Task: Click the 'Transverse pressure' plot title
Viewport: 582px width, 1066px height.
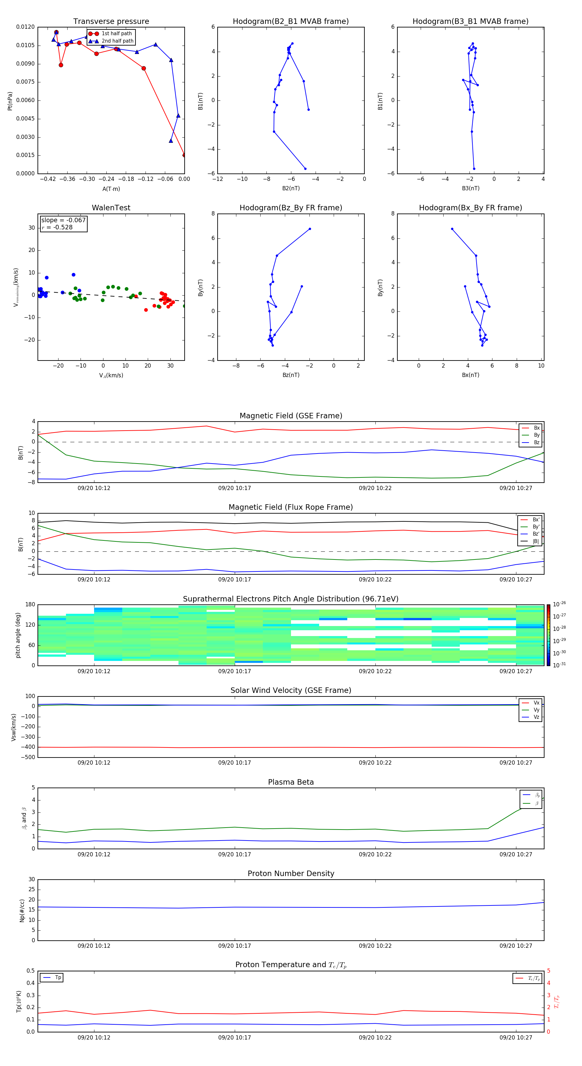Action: coord(111,22)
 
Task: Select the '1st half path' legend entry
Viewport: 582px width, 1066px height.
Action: coord(116,34)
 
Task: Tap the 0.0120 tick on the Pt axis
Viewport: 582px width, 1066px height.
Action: coord(25,27)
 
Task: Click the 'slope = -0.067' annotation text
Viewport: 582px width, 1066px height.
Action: coord(63,220)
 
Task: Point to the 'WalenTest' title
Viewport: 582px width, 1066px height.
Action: coord(111,208)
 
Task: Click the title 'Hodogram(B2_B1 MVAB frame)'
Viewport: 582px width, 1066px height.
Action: coord(290,22)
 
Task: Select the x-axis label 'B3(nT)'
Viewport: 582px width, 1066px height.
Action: coord(470,188)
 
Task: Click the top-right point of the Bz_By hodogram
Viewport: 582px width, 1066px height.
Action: coord(309,229)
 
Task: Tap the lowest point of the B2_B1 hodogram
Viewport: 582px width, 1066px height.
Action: coord(305,168)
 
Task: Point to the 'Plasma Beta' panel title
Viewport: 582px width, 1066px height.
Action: coord(290,782)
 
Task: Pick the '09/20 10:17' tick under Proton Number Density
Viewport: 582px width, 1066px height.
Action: coord(234,946)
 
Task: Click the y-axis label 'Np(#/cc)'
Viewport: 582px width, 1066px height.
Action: coord(22,910)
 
